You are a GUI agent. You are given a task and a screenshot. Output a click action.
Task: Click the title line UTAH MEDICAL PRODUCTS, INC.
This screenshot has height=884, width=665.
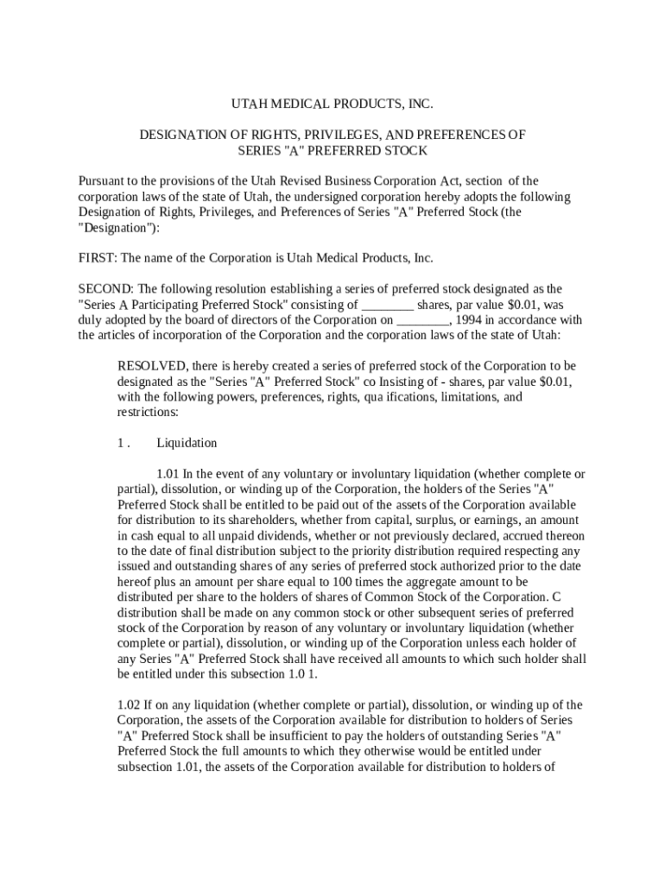tap(332, 104)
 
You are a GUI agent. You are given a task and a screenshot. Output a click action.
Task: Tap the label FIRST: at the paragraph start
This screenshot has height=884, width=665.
tap(97, 258)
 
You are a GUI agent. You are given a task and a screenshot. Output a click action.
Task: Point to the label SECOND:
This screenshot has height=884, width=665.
tap(104, 289)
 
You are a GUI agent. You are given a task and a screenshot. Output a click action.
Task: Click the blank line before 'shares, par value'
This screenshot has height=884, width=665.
tap(387, 305)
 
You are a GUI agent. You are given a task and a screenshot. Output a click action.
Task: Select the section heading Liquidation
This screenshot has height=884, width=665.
tap(187, 443)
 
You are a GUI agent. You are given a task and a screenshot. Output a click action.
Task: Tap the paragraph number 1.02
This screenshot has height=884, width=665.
tap(130, 704)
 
